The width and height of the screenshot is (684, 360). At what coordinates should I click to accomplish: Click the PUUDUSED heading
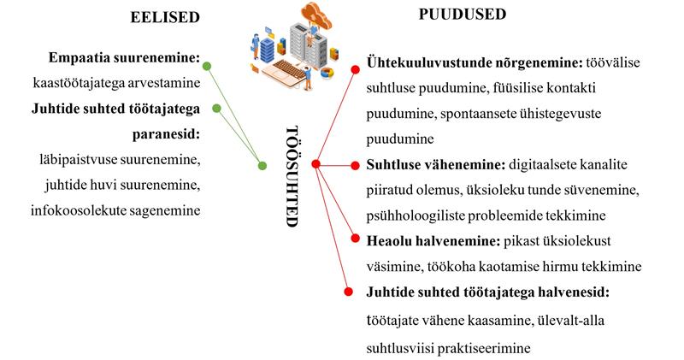click(x=462, y=14)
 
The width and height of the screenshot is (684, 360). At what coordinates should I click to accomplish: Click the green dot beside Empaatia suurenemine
click(x=207, y=65)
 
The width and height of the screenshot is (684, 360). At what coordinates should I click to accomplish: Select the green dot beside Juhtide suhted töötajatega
click(x=216, y=108)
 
